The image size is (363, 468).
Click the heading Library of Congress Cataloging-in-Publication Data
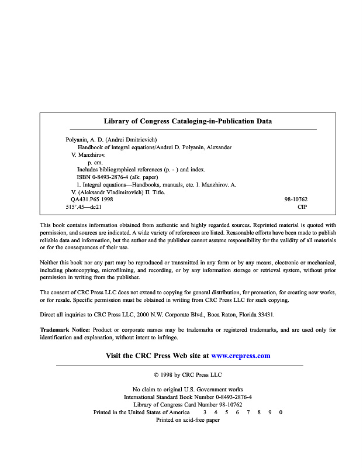(188, 122)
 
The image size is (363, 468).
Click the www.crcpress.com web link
(240, 356)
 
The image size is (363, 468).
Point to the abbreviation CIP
(302, 207)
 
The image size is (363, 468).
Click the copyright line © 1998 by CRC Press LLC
(188, 374)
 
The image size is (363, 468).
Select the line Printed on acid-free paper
(188, 420)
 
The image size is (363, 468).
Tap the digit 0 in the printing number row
(281, 412)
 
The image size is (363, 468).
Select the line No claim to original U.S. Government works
(188, 390)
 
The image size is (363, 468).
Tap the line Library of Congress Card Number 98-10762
(188, 405)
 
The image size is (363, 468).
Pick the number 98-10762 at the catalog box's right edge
(296, 199)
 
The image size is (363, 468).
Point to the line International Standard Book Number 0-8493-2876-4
(188, 397)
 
